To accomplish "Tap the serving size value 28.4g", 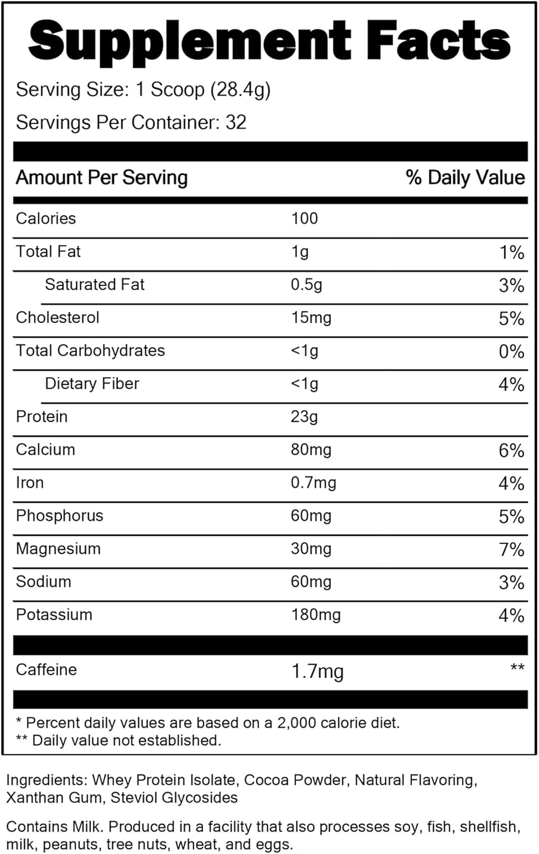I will click(x=240, y=90).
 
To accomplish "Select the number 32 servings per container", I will click(x=236, y=123).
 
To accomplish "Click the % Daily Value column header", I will click(x=465, y=178).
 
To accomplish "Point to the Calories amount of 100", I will click(x=304, y=219).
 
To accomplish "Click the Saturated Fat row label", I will click(x=95, y=285).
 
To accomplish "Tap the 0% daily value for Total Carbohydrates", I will click(x=511, y=351).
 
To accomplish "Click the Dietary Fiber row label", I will click(x=92, y=384).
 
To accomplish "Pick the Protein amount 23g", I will click(x=304, y=417).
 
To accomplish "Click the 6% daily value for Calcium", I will click(x=511, y=450).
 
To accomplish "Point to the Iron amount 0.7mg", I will click(x=313, y=483).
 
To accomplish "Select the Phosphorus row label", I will click(x=60, y=516).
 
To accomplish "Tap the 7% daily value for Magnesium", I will click(x=511, y=549).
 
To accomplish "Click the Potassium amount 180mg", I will click(x=316, y=615).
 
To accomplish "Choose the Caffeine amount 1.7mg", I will click(x=317, y=671).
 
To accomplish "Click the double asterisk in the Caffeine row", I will click(x=517, y=667).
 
